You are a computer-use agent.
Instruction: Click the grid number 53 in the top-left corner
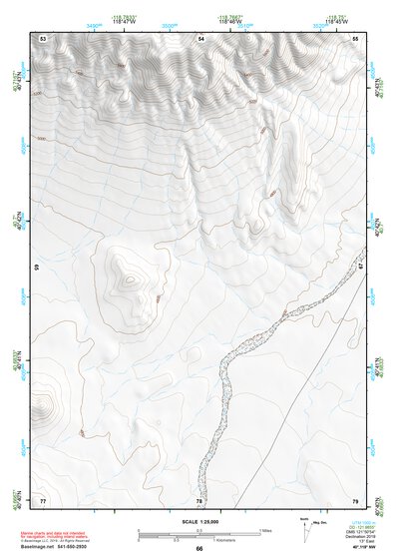43,38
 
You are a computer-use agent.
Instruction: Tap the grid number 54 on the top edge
200,38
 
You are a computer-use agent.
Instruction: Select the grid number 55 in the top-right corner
355,38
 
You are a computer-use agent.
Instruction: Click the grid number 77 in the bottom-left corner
43,499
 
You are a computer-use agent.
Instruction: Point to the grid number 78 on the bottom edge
199,500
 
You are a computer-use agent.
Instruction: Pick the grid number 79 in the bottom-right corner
355,499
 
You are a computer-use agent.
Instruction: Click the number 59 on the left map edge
38,270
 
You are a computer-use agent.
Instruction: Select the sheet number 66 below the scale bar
199,549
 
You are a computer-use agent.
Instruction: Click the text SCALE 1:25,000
199,522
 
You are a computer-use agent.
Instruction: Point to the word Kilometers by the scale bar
213,539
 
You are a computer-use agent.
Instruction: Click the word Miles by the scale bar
264,529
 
